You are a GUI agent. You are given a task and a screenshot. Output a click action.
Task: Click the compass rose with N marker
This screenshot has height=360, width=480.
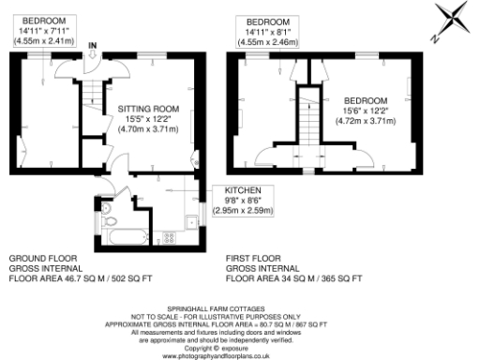click(454, 20)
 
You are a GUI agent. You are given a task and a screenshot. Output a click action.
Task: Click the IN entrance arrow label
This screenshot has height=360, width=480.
click(93, 45)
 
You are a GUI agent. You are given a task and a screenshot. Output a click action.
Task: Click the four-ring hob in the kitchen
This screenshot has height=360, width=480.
click(170, 235)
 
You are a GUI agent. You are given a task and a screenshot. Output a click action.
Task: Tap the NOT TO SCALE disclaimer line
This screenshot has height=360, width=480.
click(240, 315)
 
